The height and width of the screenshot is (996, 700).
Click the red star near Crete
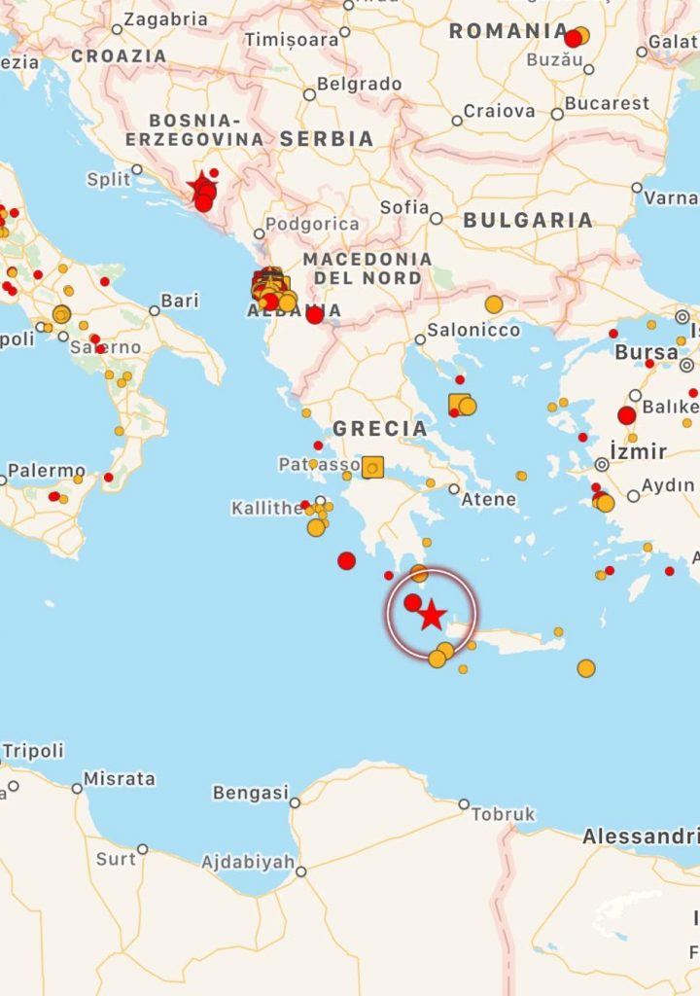(x=432, y=616)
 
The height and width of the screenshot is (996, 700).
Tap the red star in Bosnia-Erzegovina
(x=201, y=184)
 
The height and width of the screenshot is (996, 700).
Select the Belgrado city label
(x=359, y=85)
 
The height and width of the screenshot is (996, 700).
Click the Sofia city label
(x=404, y=207)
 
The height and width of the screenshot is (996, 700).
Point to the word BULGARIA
(x=528, y=221)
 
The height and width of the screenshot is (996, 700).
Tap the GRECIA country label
(x=380, y=429)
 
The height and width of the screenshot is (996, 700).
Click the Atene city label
(x=489, y=499)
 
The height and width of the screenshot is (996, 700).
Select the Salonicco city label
(x=473, y=330)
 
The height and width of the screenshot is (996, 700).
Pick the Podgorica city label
(x=312, y=224)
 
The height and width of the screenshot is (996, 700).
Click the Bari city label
(x=180, y=301)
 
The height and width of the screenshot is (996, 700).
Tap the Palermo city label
(x=47, y=472)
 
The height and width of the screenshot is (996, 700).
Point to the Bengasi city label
(x=251, y=793)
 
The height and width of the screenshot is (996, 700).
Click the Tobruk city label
(x=504, y=814)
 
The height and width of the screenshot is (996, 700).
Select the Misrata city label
(x=120, y=778)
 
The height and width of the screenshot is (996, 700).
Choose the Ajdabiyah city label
(x=248, y=862)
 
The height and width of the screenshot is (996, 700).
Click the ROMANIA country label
(x=508, y=31)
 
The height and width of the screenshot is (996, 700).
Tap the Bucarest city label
(x=607, y=103)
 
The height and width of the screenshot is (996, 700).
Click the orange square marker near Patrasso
(x=372, y=468)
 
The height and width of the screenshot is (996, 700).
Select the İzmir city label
(x=638, y=451)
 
